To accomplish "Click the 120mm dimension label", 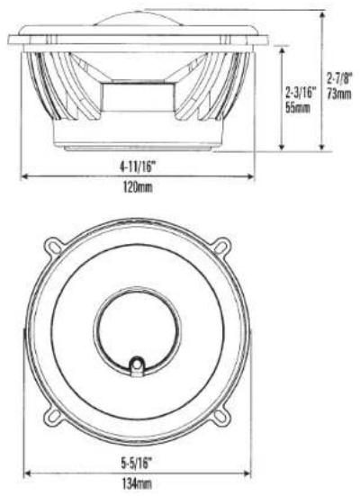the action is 138,188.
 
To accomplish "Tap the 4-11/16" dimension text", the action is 139,167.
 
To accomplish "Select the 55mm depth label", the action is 298,108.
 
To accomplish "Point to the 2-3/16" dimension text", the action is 301,93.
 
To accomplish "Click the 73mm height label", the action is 339,94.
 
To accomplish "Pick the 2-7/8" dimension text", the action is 339,78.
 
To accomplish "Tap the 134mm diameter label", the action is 137,484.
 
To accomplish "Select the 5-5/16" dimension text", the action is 137,464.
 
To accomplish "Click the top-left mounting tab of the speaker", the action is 53,247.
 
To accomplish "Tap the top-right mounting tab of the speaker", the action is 221,246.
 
